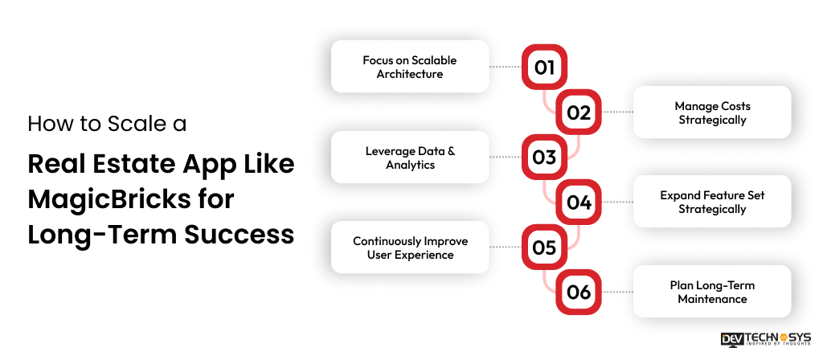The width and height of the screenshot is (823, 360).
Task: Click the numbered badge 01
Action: coord(544,67)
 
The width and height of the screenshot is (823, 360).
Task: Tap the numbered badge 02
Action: coord(579,112)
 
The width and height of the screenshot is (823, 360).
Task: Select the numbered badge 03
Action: coord(544,157)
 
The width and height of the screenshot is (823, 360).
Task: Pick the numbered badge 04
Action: coord(579,202)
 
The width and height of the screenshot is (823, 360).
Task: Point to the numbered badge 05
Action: coord(544,247)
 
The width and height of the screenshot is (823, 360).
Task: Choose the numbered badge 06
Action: coord(579,292)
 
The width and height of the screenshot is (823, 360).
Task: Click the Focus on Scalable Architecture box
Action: coord(410,67)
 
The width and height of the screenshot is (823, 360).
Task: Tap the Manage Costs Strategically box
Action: coord(712,112)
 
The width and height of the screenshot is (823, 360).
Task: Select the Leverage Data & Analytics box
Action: coord(410,157)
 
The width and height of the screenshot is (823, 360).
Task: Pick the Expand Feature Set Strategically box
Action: coord(712,202)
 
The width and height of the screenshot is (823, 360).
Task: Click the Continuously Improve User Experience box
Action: coord(410,247)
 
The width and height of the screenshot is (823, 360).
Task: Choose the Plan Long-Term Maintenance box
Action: coord(712,292)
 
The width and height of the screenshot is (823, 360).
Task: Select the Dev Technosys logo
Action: coord(765,339)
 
